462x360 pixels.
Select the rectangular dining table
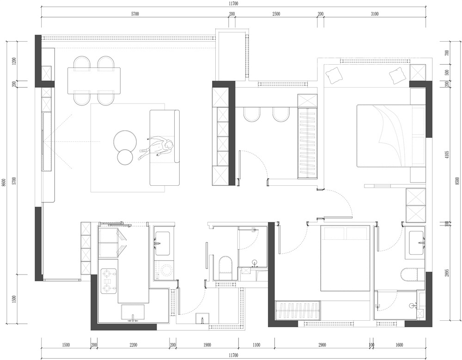[x=94, y=81]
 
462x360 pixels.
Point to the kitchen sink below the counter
[x=133, y=312]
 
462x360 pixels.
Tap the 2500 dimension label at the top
[x=276, y=14]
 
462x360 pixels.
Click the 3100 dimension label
[x=375, y=14]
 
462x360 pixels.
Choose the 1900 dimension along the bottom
[x=207, y=345]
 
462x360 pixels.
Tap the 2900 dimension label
[x=322, y=345]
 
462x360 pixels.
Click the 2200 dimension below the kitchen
[x=133, y=345]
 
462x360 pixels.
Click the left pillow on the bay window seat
[x=334, y=75]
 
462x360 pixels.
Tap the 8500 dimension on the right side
[x=457, y=181]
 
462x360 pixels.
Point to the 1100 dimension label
[x=256, y=345]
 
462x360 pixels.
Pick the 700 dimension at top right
[x=447, y=53]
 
